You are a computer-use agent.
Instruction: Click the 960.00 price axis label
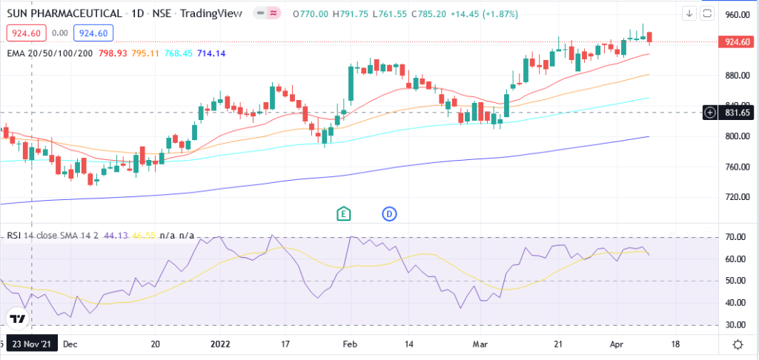click(738, 15)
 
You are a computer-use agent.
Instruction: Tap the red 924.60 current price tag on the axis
click(738, 41)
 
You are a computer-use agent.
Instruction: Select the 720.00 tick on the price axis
click(738, 197)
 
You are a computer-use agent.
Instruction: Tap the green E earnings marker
click(343, 213)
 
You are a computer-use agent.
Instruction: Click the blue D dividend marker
click(390, 213)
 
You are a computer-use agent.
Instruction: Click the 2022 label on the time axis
click(221, 344)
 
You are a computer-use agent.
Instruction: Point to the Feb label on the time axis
click(351, 344)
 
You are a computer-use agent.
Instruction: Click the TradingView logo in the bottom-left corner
click(18, 319)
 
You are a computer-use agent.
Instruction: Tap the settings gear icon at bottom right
click(738, 344)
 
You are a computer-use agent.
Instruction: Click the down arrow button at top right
click(689, 13)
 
